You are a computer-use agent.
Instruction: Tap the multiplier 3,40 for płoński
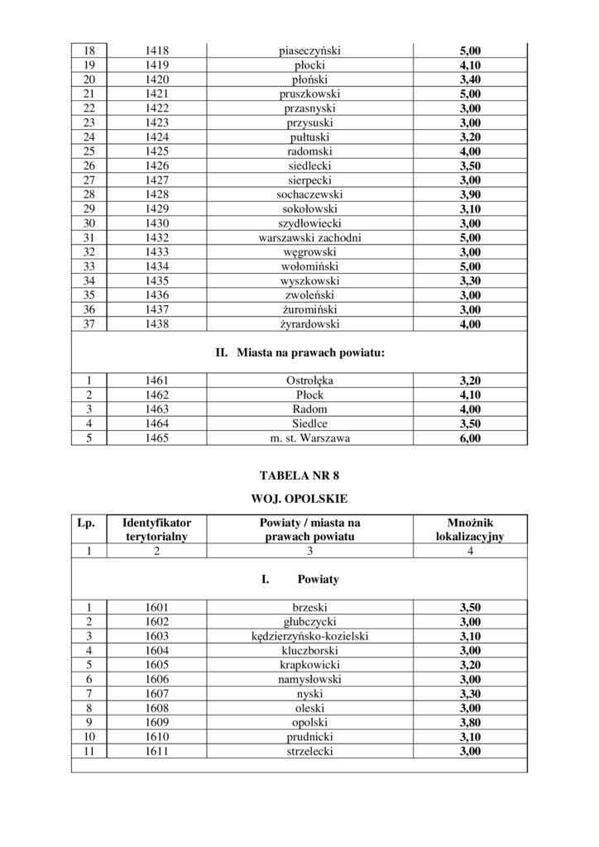pos(469,79)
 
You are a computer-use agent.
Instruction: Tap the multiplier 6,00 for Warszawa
pos(469,438)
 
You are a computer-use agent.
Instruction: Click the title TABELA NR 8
pos(299,476)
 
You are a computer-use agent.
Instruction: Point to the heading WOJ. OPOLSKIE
pos(299,500)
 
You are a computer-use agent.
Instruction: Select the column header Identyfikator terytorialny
pos(156,529)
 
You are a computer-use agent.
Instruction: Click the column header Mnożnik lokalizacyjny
pos(469,529)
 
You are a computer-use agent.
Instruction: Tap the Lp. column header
pos(86,523)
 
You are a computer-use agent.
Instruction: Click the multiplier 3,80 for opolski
pos(469,722)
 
